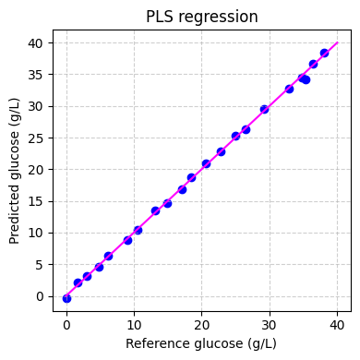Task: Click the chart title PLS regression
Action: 202,17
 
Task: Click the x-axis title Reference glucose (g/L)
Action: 202,343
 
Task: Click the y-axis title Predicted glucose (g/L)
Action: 15,172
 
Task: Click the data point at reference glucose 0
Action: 66,298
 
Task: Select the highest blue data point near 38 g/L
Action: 324,54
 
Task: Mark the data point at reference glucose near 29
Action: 264,109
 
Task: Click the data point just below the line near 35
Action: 306,79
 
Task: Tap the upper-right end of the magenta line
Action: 338,42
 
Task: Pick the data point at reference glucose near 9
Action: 127,240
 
